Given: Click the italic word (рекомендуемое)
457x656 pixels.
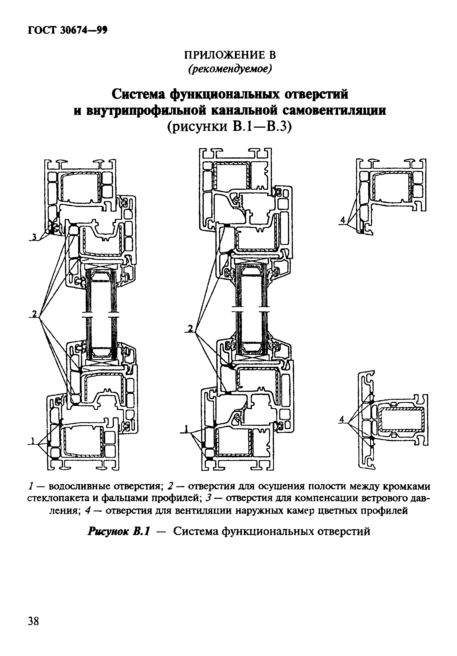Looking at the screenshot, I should pos(230,69).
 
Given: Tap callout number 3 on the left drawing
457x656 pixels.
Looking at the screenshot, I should pos(34,237).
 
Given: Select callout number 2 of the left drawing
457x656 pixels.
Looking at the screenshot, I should pos(34,314).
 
